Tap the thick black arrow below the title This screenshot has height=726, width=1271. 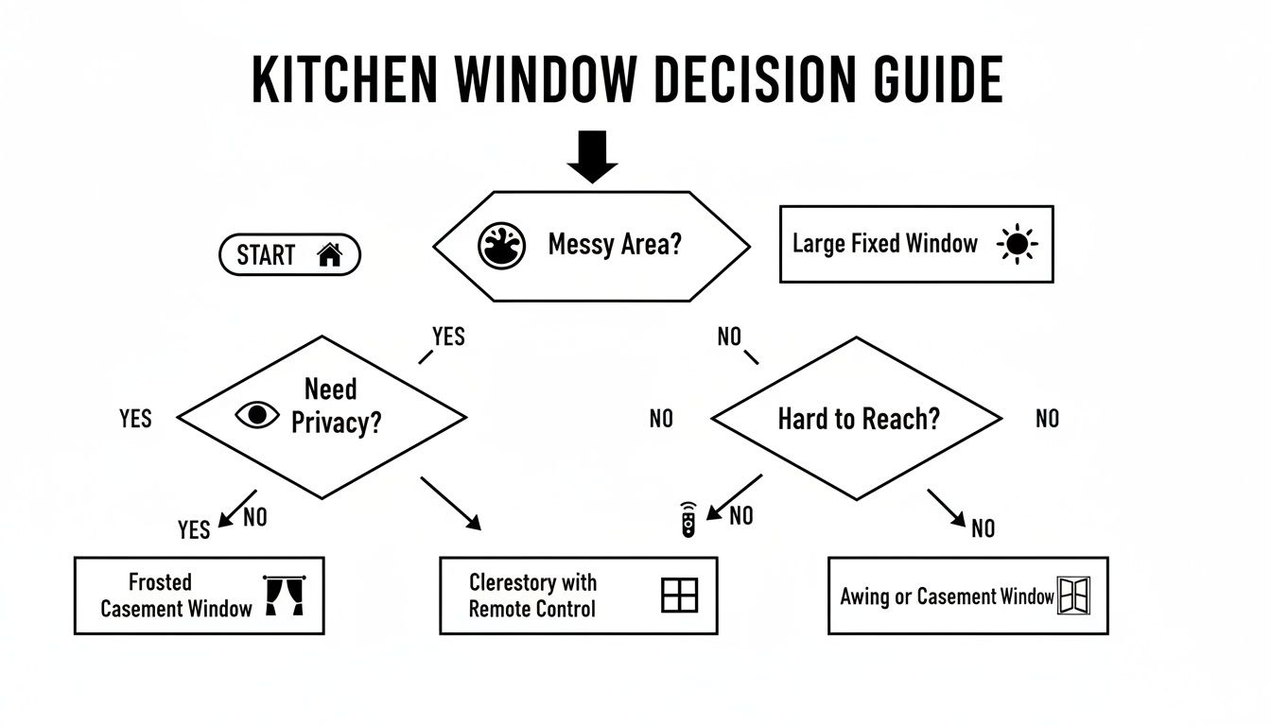(x=592, y=157)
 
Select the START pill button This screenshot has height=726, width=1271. (x=289, y=254)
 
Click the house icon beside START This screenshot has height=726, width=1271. (x=329, y=254)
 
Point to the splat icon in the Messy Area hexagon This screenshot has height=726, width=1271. (x=501, y=246)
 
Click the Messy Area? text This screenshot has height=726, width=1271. (x=614, y=246)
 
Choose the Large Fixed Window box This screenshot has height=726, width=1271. (x=915, y=244)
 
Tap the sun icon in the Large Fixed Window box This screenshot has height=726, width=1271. (x=1018, y=245)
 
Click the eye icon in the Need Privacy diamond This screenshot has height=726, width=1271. (x=257, y=415)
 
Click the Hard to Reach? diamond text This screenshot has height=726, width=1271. (x=859, y=419)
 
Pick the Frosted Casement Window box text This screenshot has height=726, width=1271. (x=176, y=596)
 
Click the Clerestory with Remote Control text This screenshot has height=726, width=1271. (x=532, y=596)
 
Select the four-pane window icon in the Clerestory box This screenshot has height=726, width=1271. (x=679, y=596)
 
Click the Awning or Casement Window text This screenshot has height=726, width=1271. (x=947, y=596)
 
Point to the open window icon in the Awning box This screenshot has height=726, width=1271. (x=1074, y=596)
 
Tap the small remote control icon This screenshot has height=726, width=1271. (x=689, y=522)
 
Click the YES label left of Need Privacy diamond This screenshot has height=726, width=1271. (x=135, y=419)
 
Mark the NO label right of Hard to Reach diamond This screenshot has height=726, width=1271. (x=1047, y=419)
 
